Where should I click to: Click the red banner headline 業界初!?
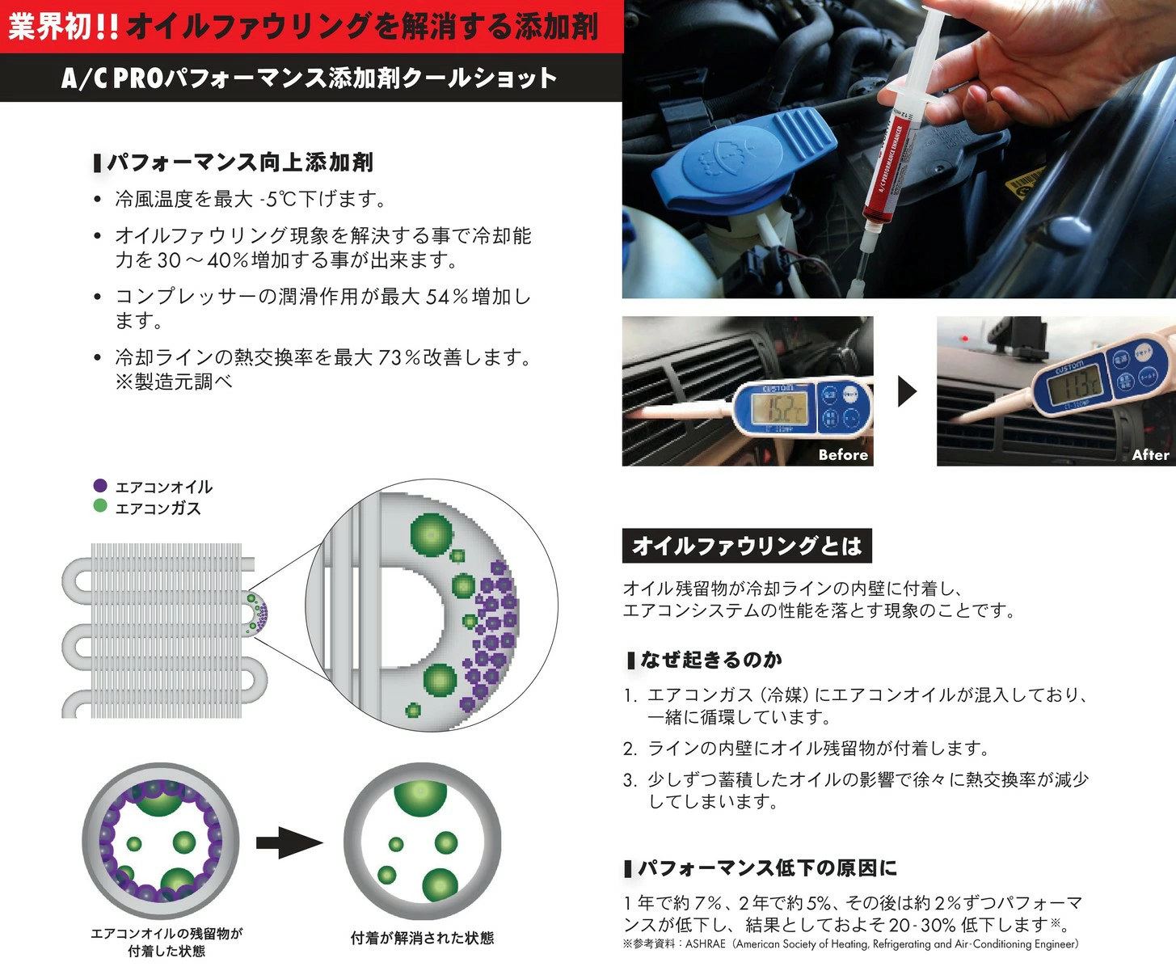[x=63, y=27]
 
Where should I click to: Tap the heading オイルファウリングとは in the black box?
[x=747, y=546]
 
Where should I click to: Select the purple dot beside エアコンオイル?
[x=100, y=486]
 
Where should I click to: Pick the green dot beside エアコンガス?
[x=100, y=506]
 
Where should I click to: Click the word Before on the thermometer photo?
[x=843, y=454]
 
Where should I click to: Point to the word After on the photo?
[x=1151, y=454]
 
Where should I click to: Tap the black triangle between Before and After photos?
[x=907, y=391]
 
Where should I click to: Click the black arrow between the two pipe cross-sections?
[x=289, y=842]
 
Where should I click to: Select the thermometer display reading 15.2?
[x=780, y=408]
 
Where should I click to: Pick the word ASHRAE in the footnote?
[x=705, y=944]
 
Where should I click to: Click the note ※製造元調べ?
[x=174, y=382]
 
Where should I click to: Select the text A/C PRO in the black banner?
[x=112, y=78]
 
